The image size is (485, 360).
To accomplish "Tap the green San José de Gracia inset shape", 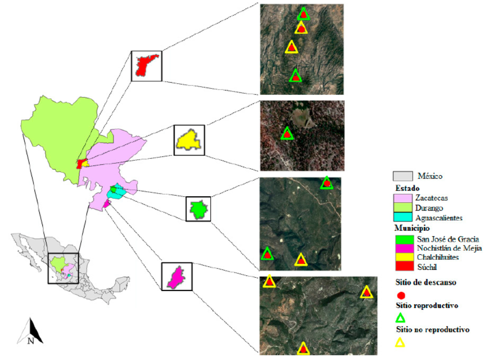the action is click(x=198, y=209).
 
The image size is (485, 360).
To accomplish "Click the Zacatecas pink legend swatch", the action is click(x=402, y=198).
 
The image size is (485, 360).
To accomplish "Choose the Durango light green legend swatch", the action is click(x=402, y=208).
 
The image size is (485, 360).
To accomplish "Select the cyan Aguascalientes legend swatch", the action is click(x=402, y=217).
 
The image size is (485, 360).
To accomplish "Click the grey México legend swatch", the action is click(x=402, y=176).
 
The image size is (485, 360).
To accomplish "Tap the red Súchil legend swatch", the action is click(x=402, y=267).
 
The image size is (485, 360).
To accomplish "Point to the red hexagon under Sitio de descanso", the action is click(x=400, y=294).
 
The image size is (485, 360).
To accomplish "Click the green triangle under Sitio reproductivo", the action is click(x=400, y=318).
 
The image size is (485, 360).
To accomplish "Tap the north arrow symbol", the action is click(x=30, y=331).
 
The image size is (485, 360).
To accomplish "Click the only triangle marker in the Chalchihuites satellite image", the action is click(x=287, y=133).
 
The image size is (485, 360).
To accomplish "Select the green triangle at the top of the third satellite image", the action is click(x=327, y=183).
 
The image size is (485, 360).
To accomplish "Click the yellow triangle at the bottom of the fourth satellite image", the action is click(x=303, y=348).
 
